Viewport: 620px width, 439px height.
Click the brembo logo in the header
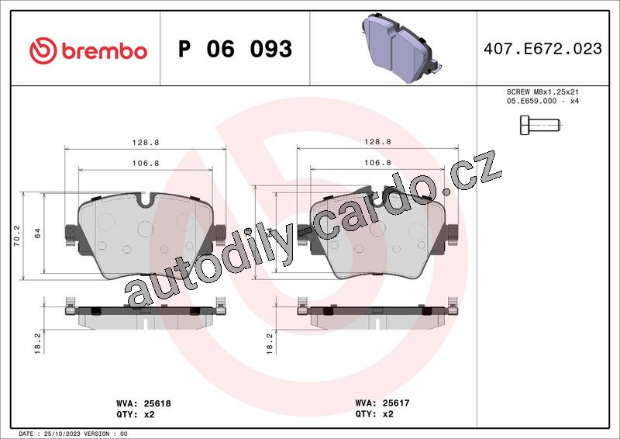[x=88, y=50]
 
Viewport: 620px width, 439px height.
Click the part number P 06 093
[x=236, y=49]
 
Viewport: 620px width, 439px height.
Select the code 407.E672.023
[x=542, y=49]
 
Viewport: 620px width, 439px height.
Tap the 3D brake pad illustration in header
[x=401, y=48]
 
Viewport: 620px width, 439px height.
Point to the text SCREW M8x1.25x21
[x=542, y=92]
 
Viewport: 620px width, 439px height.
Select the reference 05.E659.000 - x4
[x=542, y=101]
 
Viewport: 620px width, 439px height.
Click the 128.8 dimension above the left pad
[x=146, y=142]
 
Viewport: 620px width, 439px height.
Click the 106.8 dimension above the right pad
[x=377, y=163]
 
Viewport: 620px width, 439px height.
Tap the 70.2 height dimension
[x=16, y=236]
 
